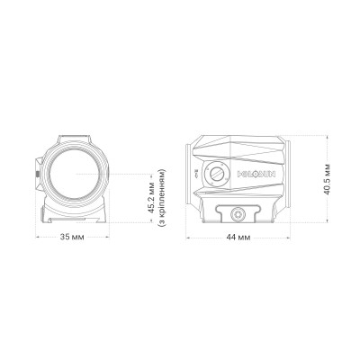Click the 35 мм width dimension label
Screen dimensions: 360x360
pyautogui.click(x=72, y=238)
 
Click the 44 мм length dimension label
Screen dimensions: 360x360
pyautogui.click(x=238, y=238)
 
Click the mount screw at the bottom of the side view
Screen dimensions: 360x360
pyautogui.click(x=237, y=213)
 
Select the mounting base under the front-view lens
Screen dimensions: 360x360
pyautogui.click(x=75, y=214)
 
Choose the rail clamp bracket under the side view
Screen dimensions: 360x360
pyautogui.click(x=237, y=212)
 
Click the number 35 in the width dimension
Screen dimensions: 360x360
pyautogui.click(x=65, y=238)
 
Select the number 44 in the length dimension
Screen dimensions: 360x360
pyautogui.click(x=231, y=238)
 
